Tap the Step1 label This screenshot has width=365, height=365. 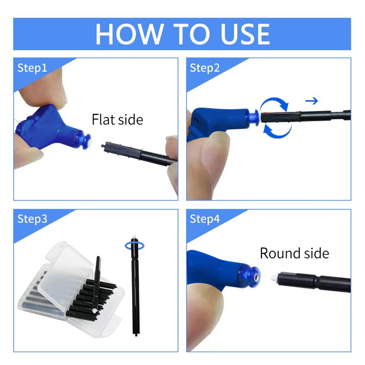[x=32, y=68]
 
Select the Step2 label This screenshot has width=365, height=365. [x=204, y=68]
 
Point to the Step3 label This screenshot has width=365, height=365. [x=32, y=219]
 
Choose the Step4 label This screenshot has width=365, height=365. [x=204, y=219]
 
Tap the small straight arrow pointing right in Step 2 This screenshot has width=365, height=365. [x=312, y=101]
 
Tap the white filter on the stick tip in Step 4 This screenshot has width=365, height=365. [x=274, y=278]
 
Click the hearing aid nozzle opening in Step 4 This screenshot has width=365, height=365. [x=256, y=277]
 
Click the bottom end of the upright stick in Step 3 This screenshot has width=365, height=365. [x=136, y=335]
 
